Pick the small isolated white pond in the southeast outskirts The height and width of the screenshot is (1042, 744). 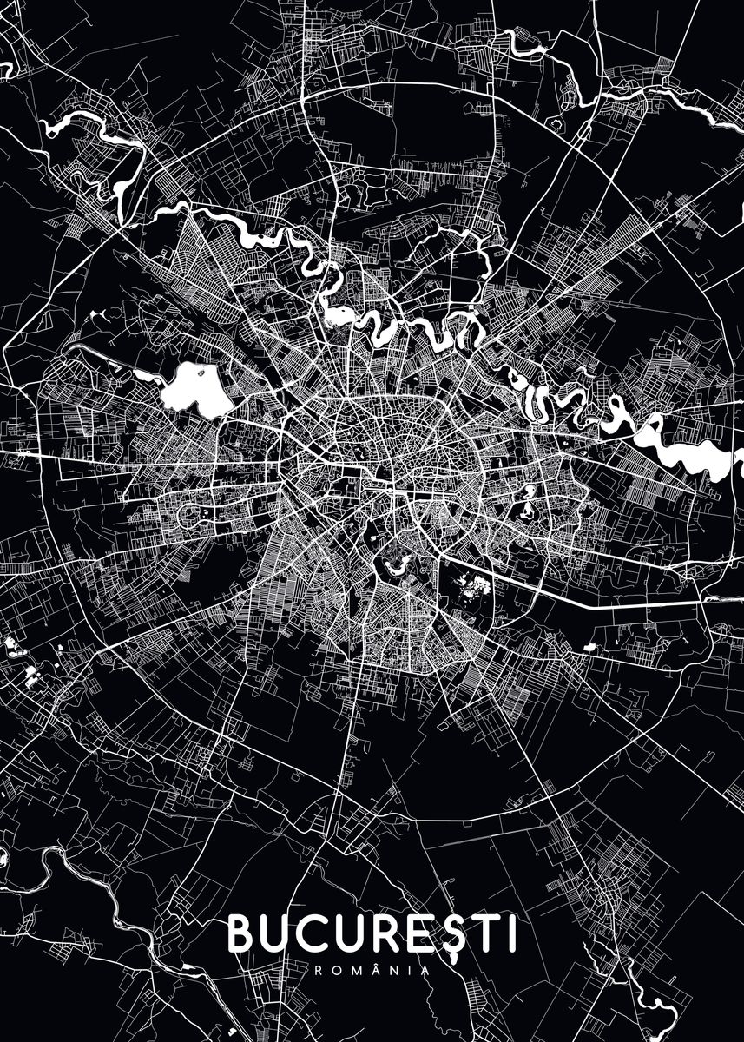589,646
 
